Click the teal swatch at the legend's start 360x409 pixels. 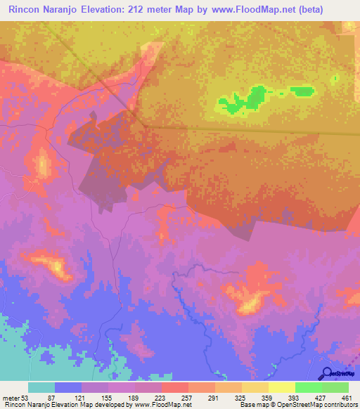tap(41, 388)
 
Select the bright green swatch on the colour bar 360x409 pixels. tap(309, 388)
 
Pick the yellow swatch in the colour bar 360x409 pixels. tap(282, 388)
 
